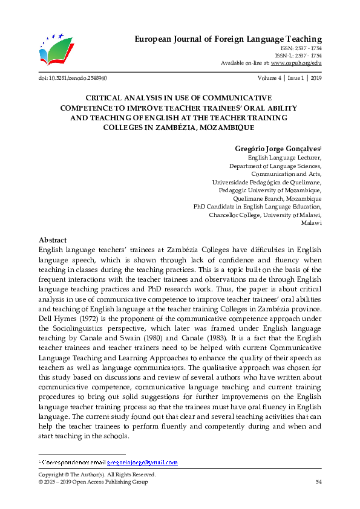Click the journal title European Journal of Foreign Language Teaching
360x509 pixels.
tap(227, 39)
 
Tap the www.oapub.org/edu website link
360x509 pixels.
tap(296, 63)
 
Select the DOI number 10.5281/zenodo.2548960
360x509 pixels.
tap(79, 78)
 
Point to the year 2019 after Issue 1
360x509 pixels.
tap(315, 78)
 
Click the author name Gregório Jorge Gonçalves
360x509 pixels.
tap(277, 148)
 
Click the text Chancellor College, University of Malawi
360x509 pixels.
tap(265, 215)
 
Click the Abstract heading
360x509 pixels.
tap(52, 240)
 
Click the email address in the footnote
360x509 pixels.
tap(142, 462)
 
